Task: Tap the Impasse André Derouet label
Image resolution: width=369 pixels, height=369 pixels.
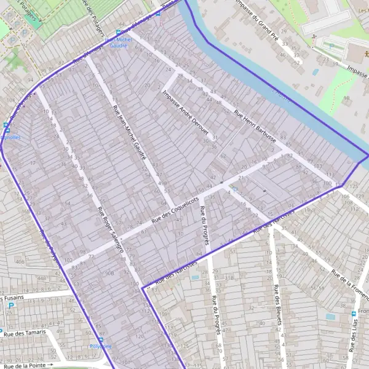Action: [186, 113]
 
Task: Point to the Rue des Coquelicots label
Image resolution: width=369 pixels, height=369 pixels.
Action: [176, 210]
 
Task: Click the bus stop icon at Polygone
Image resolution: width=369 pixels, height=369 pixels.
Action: [101, 339]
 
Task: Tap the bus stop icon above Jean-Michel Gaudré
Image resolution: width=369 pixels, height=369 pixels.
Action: [118, 32]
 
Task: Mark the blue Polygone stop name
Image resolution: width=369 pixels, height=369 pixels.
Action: [101, 347]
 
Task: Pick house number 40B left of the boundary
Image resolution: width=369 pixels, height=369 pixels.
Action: [20, 262]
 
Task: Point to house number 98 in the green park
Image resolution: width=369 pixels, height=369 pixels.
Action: [346, 98]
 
